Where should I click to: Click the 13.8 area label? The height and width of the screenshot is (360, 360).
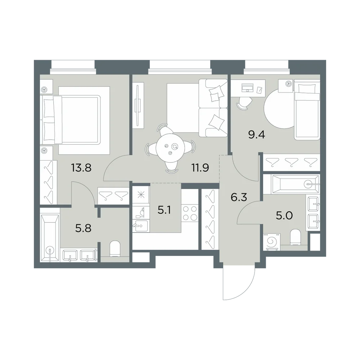[x=81, y=168]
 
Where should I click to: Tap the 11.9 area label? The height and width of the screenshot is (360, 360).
[x=200, y=168]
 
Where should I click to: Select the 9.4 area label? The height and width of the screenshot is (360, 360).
[x=257, y=135]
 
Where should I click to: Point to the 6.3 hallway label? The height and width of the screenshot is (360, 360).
[x=239, y=197]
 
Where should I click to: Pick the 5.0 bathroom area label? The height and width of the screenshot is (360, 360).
[x=284, y=216]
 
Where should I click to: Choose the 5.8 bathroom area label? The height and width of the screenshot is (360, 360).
[x=84, y=229]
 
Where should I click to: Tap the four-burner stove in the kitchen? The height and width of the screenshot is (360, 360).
[x=190, y=213]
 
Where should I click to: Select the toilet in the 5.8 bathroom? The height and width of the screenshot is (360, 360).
[x=115, y=248]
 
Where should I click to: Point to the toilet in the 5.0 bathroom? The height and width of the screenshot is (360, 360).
[x=296, y=237]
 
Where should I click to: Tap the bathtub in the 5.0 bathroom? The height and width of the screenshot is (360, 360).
[x=291, y=184]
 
